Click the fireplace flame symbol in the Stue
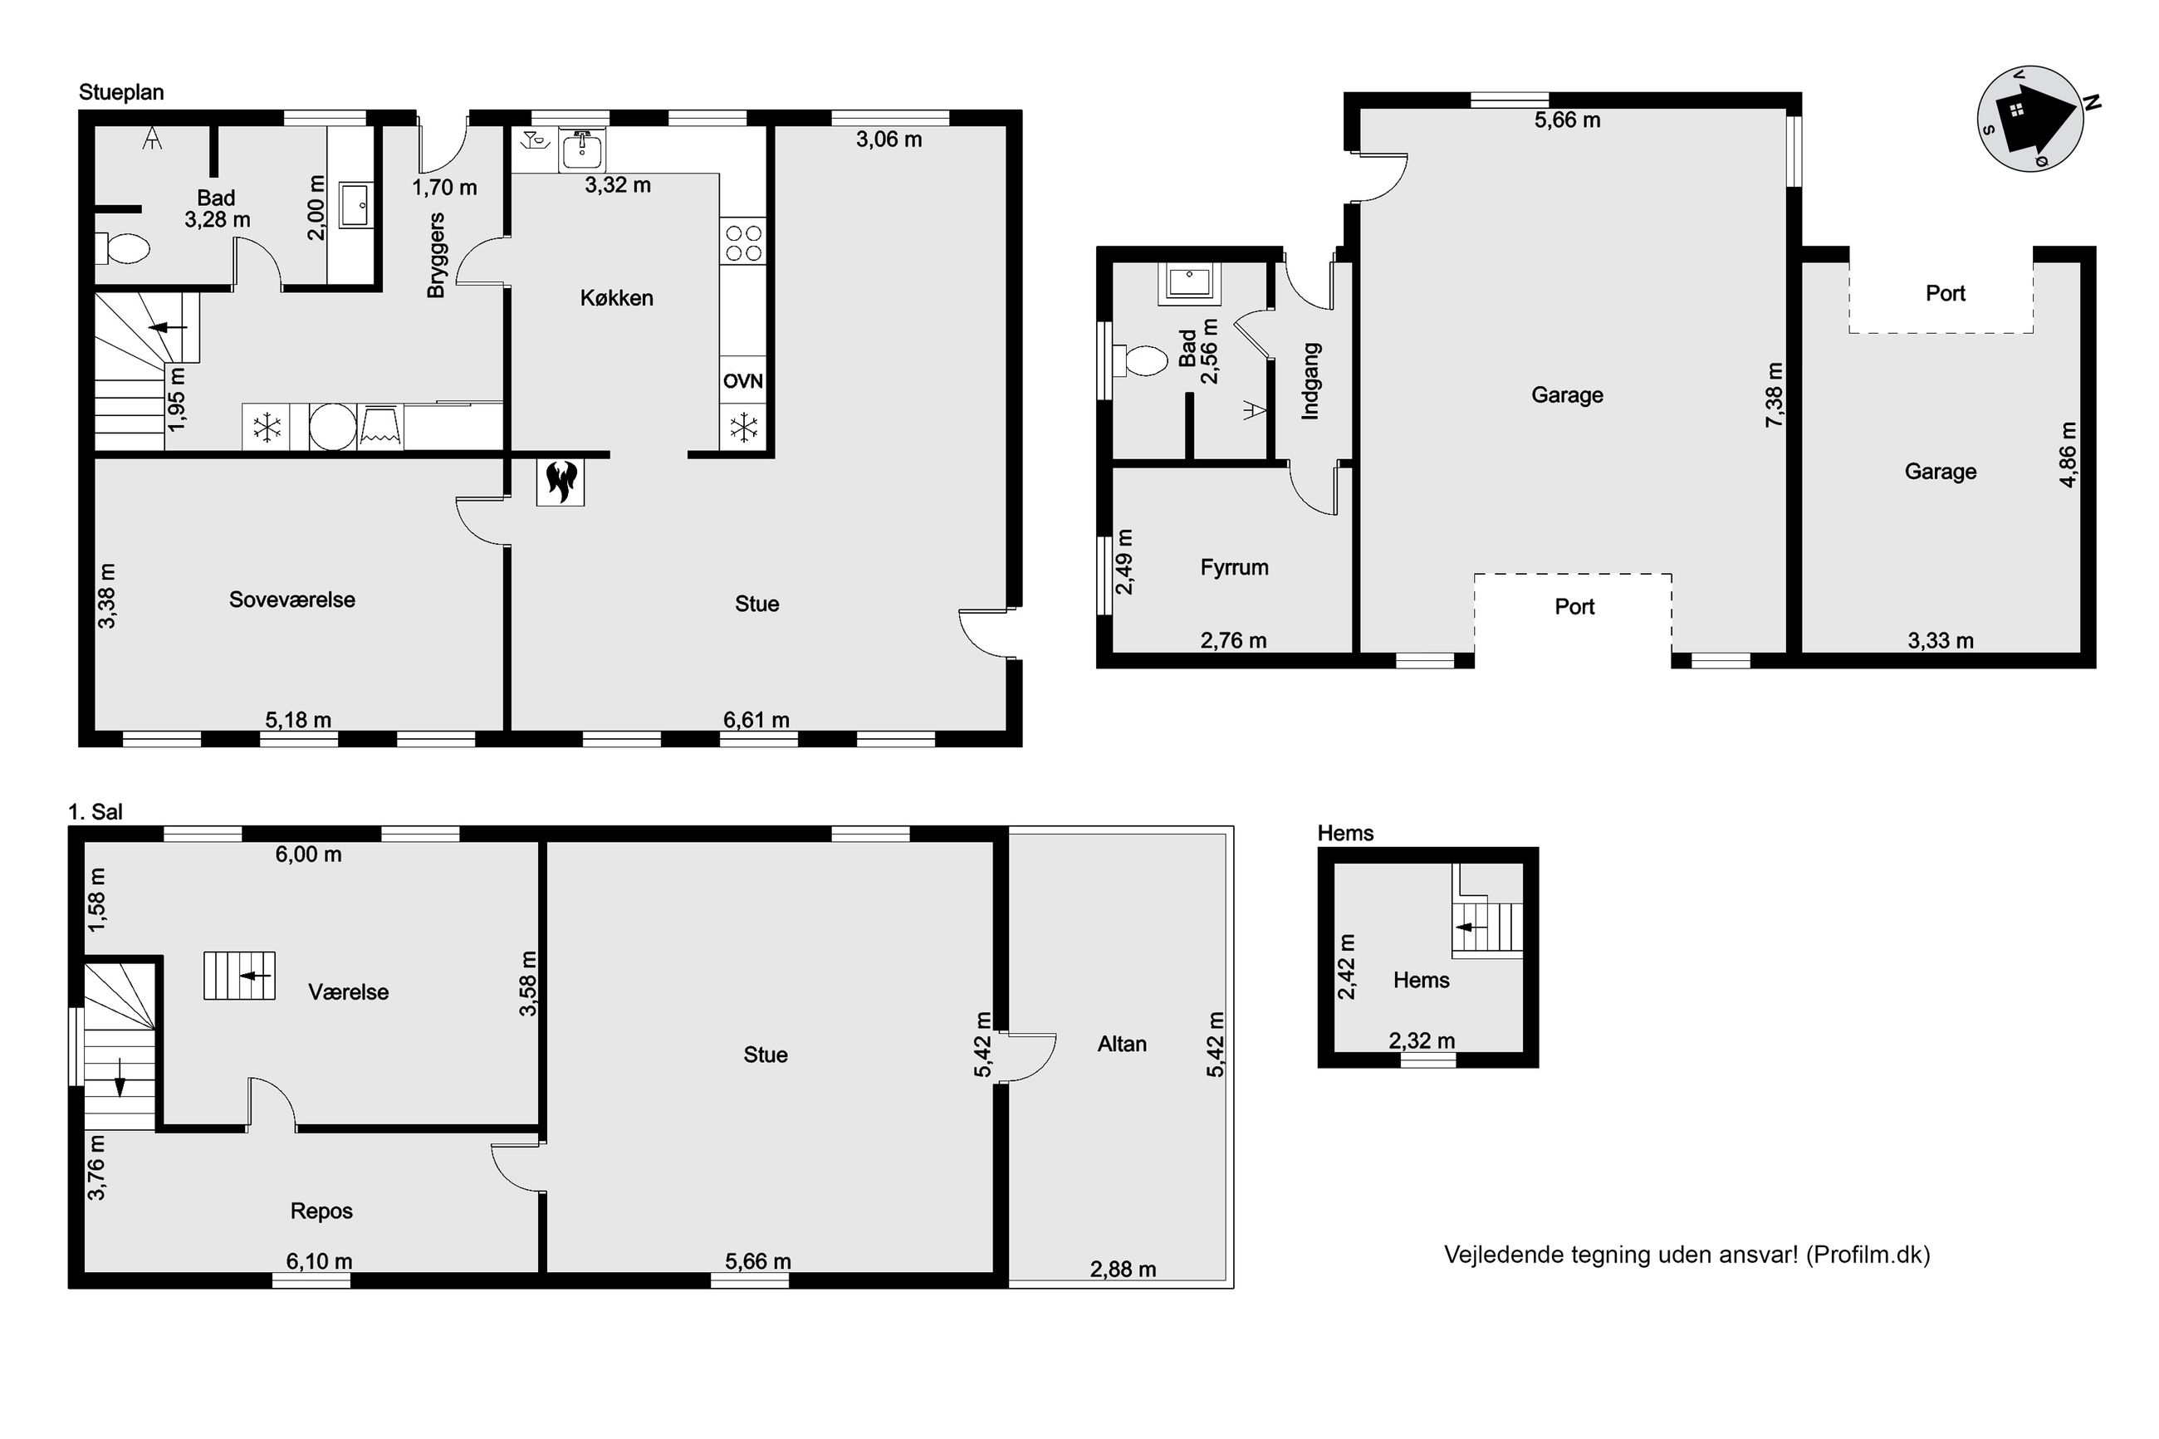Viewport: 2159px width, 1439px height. [x=560, y=481]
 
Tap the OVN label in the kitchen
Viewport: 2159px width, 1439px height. [x=742, y=381]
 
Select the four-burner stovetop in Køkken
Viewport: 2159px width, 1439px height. [x=743, y=242]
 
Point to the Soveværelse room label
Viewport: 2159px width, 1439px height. [x=291, y=600]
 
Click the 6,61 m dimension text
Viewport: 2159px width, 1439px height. [x=756, y=719]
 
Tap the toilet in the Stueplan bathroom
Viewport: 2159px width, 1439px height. [x=123, y=247]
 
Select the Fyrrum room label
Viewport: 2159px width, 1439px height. [x=1234, y=567]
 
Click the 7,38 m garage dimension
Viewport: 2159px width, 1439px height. [x=1774, y=394]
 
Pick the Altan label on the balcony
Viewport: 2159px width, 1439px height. [x=1121, y=1044]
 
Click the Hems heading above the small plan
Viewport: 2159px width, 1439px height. [x=1345, y=834]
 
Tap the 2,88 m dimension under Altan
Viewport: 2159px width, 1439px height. [x=1122, y=1270]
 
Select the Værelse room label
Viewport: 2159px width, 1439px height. [x=348, y=992]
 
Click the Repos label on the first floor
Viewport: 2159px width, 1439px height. [x=321, y=1211]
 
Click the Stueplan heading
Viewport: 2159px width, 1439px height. [x=121, y=92]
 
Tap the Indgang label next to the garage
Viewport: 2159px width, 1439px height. [x=1310, y=381]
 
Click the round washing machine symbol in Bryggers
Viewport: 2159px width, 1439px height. [x=332, y=427]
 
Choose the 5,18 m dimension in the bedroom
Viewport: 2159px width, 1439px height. [x=298, y=719]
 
